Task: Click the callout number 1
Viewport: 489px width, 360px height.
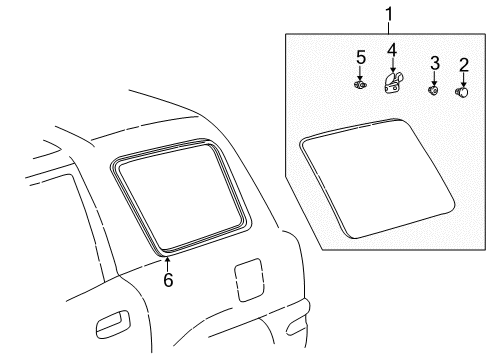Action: [389, 15]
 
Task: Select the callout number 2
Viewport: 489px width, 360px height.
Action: [464, 65]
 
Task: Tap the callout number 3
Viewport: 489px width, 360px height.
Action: [435, 63]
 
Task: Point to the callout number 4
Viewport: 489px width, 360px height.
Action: [392, 50]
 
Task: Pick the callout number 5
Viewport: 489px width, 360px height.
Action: [361, 57]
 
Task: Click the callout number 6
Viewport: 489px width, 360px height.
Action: [168, 279]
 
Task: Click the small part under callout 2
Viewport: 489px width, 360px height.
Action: [462, 92]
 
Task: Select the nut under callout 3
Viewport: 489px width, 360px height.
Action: [433, 90]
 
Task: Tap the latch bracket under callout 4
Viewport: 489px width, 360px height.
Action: [393, 83]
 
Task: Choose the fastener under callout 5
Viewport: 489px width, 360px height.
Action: [360, 85]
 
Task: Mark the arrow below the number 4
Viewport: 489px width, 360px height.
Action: [393, 65]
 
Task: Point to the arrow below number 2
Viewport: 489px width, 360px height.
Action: [463, 80]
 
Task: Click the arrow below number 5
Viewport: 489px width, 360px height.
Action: [360, 73]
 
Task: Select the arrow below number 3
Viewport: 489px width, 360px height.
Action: [434, 78]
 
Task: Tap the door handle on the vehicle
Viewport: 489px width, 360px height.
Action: [112, 324]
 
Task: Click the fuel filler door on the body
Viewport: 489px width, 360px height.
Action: [249, 280]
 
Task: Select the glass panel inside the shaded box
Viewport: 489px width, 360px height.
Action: [377, 179]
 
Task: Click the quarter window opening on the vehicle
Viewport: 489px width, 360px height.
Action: [180, 198]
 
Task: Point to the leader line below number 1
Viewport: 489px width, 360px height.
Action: [389, 29]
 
